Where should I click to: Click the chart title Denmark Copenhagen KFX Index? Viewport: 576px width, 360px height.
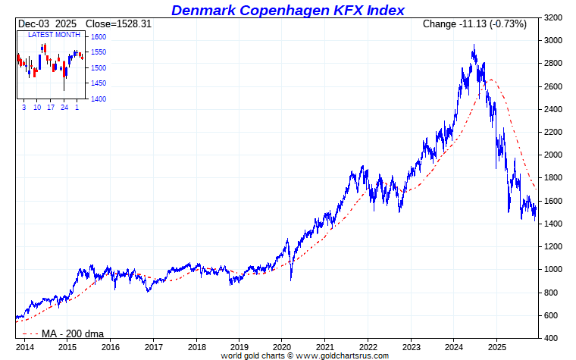tap(287, 10)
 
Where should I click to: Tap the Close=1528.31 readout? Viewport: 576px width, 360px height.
tap(118, 24)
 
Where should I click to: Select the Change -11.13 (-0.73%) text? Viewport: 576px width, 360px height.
tap(474, 24)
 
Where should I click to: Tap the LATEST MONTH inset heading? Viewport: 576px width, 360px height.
tap(53, 36)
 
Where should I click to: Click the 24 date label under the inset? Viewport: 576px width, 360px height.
tap(64, 108)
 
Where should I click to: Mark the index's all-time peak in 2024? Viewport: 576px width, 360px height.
tap(474, 46)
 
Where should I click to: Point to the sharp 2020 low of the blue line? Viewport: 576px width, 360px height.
tap(291, 280)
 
